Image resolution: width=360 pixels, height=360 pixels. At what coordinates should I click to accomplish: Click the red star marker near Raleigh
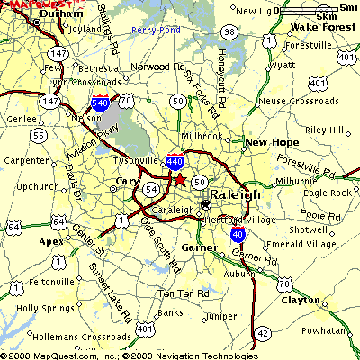[179, 179]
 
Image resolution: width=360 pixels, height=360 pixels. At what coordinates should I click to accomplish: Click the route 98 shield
[230, 32]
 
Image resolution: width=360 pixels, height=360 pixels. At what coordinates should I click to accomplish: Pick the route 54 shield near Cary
[152, 189]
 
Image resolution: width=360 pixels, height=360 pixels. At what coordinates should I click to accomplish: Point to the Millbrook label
[202, 136]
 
